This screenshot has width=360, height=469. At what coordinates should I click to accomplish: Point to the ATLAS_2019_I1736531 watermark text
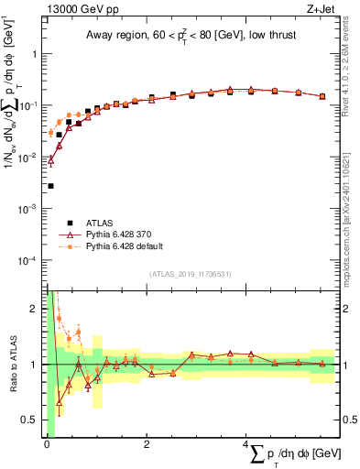191,273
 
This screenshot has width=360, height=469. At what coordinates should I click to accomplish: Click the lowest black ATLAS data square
50,186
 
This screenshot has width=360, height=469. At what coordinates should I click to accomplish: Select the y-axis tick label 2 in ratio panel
36,309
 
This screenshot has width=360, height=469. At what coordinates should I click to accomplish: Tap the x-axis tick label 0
46,444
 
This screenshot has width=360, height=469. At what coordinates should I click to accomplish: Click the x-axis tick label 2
146,444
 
